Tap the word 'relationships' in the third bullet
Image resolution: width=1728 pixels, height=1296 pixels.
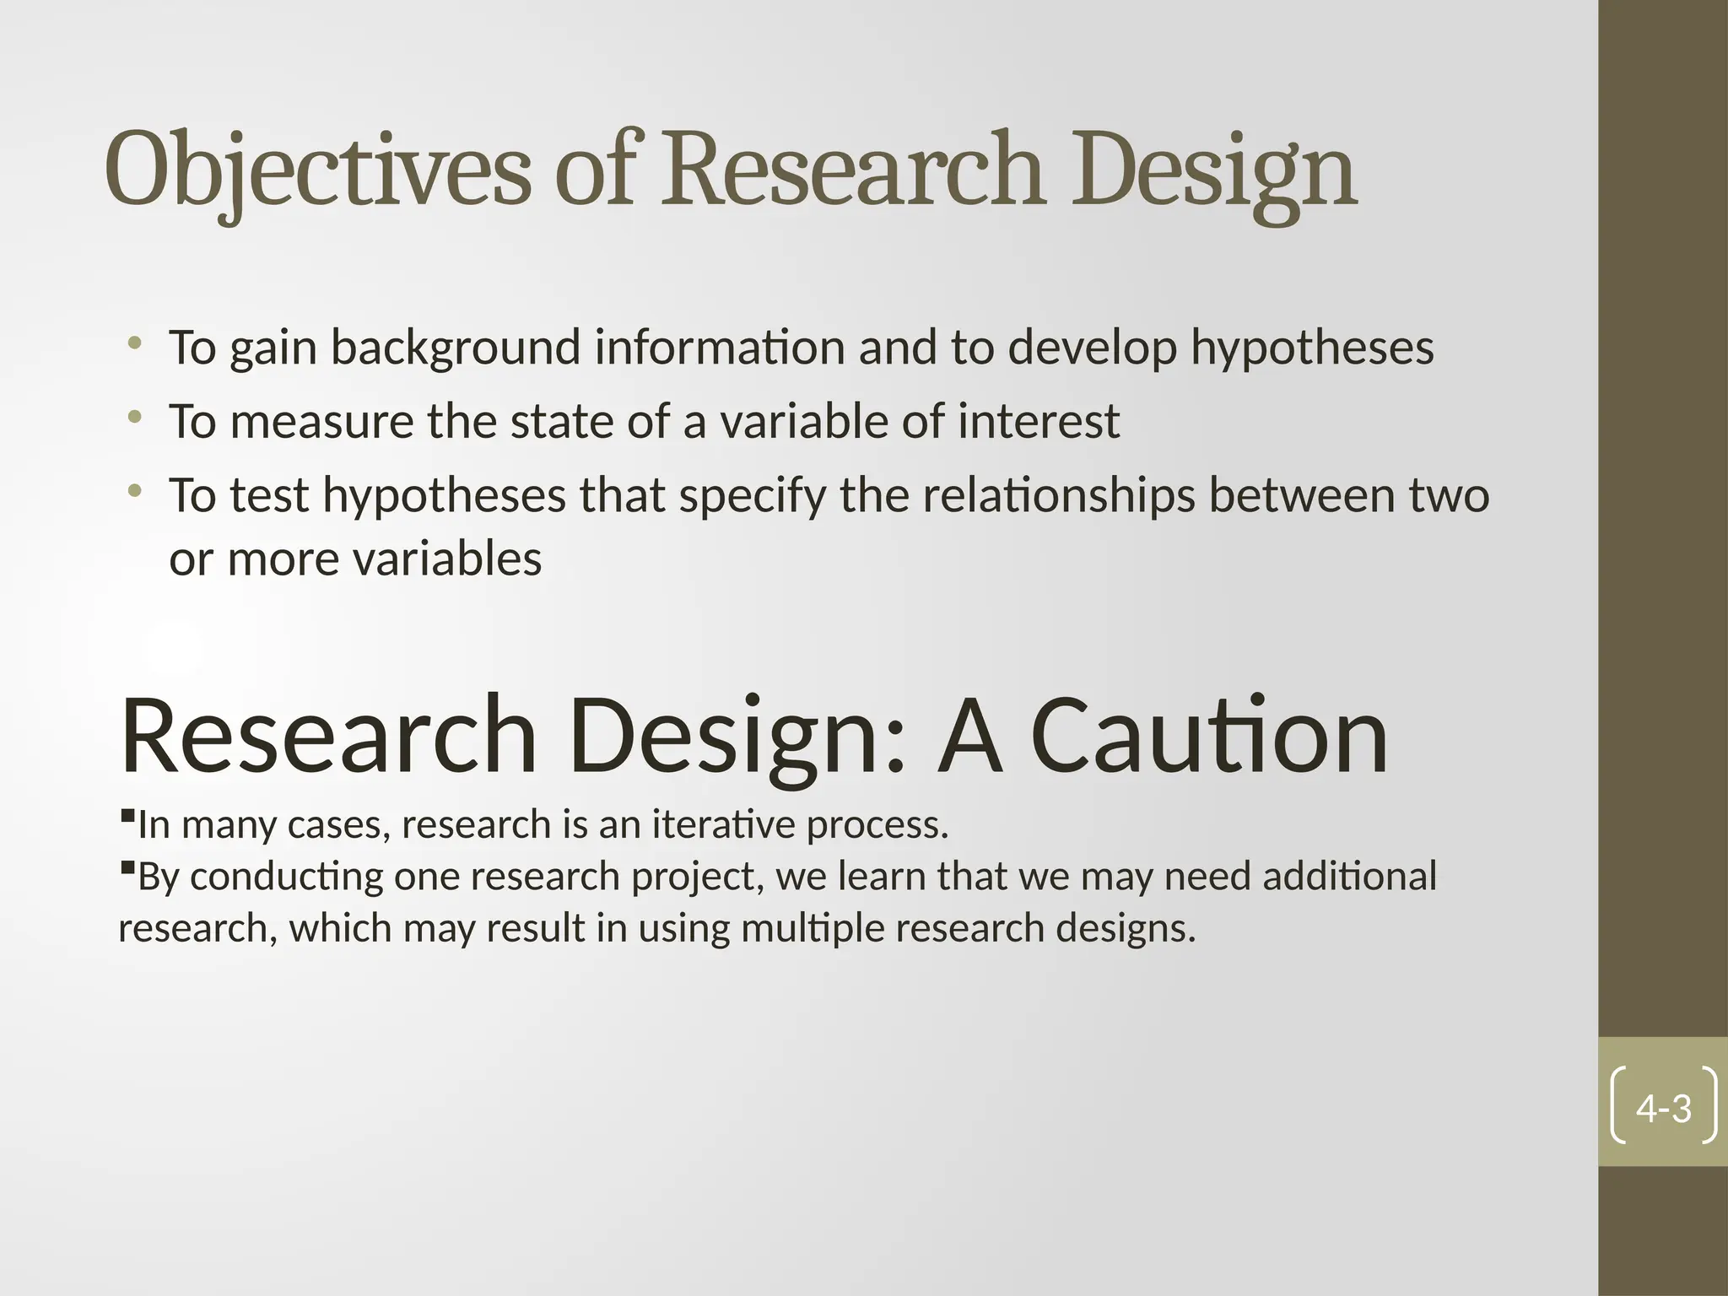(x=1058, y=495)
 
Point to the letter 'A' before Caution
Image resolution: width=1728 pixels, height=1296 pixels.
(x=970, y=737)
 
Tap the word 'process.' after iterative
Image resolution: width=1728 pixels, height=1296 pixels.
(x=877, y=825)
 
